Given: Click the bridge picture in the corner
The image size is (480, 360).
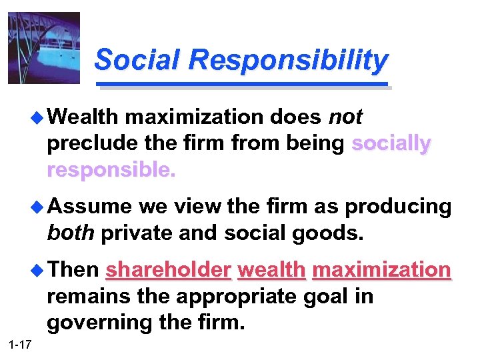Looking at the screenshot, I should coord(43,47).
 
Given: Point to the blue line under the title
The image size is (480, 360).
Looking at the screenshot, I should coord(243,84).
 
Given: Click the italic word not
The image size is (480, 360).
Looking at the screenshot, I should coord(345,118).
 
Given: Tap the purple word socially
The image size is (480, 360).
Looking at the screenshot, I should coord(391,144).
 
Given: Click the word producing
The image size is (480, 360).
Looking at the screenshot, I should coord(398,207).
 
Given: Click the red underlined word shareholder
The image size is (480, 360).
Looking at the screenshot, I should coord(169,271).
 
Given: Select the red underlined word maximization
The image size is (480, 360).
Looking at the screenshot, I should coord(381,271).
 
